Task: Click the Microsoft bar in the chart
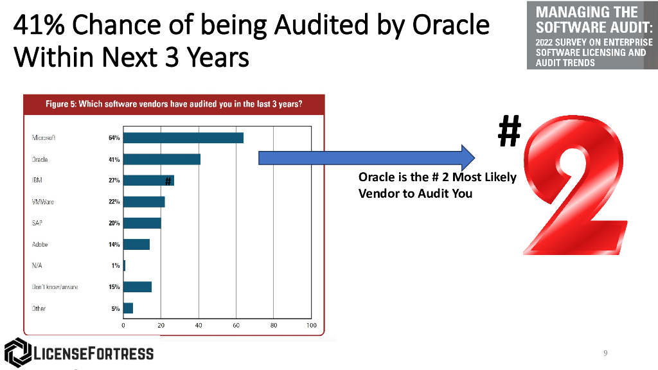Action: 183,137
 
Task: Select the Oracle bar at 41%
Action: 161,159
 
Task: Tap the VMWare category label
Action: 43,202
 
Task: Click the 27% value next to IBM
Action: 114,181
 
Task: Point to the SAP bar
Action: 142,223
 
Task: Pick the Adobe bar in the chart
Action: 136,244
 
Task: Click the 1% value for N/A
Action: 115,266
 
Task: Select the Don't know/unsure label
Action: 55,287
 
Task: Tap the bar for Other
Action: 128,308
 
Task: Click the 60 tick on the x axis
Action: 236,326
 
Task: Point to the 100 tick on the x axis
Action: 312,326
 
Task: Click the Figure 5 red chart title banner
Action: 174,104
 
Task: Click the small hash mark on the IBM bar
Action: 166,181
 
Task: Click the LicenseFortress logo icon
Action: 17,353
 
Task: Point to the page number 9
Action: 605,353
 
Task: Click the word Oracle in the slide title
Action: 449,26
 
